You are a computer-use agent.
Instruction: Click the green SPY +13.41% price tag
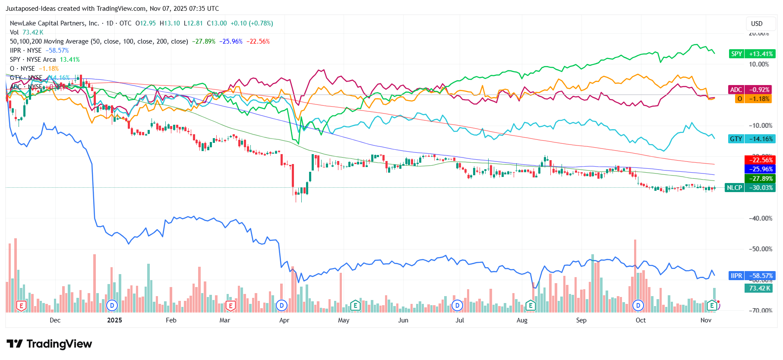pos(751,54)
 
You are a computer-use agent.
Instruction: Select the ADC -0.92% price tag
pos(751,90)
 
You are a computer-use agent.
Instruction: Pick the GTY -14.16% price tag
pos(751,139)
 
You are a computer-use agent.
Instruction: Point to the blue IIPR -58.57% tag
pos(751,276)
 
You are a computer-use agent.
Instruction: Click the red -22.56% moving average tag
pos(760,160)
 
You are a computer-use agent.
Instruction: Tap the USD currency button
pos(757,24)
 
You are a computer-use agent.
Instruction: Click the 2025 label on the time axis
pos(114,320)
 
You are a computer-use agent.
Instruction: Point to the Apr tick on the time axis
pos(284,320)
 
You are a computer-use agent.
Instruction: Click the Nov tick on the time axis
pos(706,320)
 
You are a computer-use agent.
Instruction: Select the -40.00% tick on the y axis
pos(761,218)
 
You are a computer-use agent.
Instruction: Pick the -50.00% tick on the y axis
pos(761,249)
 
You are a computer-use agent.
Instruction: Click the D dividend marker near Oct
pos(638,306)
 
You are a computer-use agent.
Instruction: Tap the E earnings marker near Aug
pos(530,306)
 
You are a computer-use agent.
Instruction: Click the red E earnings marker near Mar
pos(230,306)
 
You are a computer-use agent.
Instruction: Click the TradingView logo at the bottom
pos(50,344)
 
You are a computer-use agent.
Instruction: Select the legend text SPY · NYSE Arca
pos(33,60)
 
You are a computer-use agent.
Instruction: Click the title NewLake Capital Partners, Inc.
pos(54,23)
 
